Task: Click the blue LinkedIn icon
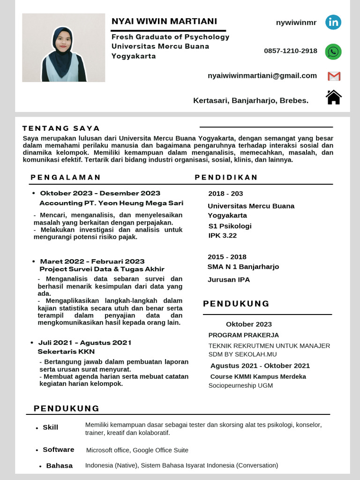point(333,22)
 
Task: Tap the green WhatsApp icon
point(333,52)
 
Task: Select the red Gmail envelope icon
point(334,76)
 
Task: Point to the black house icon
point(333,97)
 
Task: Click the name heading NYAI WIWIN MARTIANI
point(164,22)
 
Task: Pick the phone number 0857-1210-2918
point(291,51)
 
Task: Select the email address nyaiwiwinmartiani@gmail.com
point(262,76)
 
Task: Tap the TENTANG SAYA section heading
point(61,128)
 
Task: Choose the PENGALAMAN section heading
point(66,177)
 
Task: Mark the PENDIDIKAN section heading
point(226,177)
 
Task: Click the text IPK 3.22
point(223,236)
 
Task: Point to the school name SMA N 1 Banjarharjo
point(243,267)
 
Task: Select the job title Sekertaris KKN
point(66,352)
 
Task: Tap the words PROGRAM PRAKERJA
point(244,335)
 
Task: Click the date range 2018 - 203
point(225,194)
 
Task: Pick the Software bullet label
point(59,450)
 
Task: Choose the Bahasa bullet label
point(60,465)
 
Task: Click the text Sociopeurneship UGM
point(240,386)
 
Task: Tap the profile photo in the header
point(64,48)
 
